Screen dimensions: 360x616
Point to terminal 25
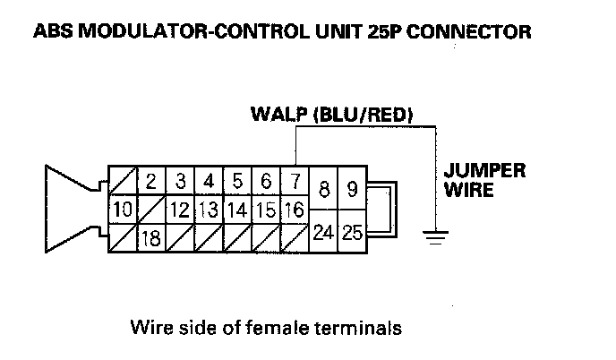tap(352, 233)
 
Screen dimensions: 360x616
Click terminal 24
tap(322, 233)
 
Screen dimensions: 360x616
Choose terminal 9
tap(352, 190)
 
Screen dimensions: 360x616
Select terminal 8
tap(322, 190)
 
